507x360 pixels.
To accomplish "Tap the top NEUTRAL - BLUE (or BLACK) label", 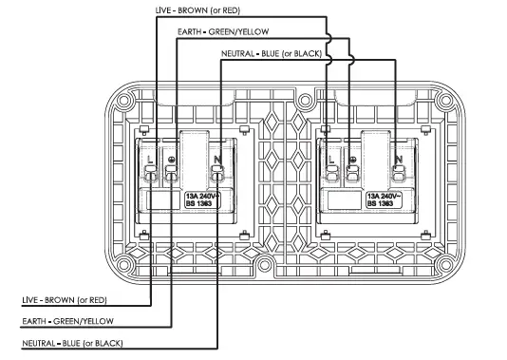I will pos(275,54).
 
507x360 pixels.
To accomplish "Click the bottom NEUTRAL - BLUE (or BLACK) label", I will pos(72,342).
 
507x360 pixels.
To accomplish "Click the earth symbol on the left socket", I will pos(171,159).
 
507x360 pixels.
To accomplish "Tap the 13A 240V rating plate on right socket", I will pos(382,199).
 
